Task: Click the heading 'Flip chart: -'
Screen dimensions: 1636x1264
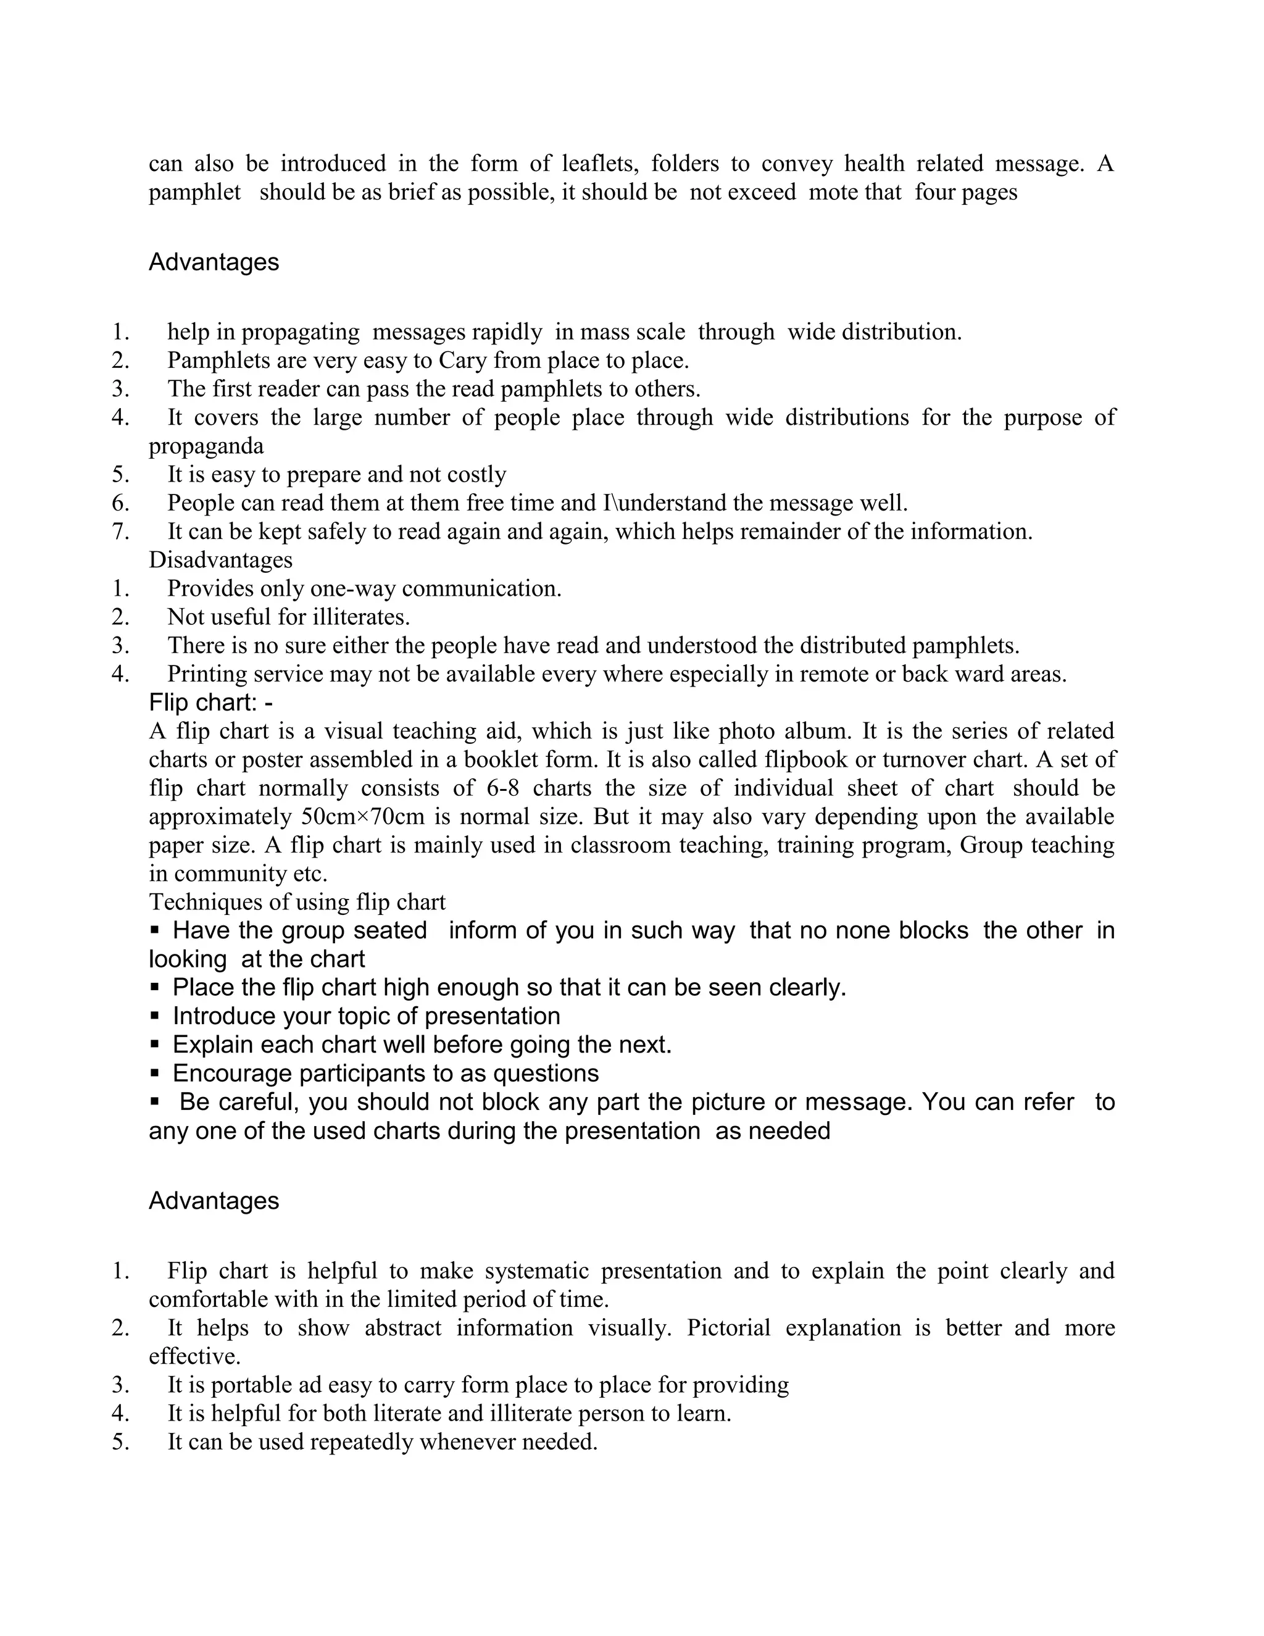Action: (210, 703)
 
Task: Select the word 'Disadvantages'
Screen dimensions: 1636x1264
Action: (220, 559)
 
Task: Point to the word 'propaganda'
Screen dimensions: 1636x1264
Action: (206, 446)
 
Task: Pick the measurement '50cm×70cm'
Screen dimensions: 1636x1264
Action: (363, 817)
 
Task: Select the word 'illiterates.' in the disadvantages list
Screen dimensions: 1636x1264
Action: (365, 617)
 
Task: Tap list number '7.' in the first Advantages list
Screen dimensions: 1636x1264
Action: (120, 531)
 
